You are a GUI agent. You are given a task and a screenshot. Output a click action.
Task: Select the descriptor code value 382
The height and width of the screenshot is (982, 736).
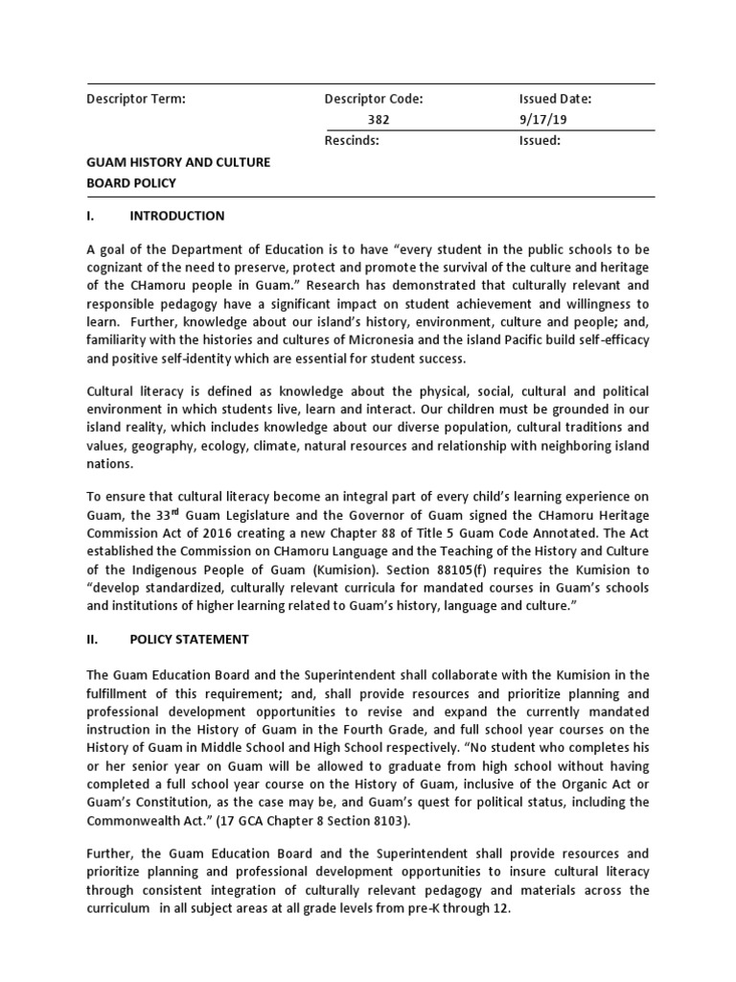(x=379, y=120)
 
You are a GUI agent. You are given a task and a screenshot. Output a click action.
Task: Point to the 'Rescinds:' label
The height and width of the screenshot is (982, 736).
(x=353, y=141)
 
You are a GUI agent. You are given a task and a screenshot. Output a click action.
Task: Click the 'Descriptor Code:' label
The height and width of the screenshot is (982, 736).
(x=374, y=99)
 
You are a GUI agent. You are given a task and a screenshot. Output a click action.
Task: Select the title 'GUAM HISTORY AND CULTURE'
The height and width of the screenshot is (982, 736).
(x=178, y=162)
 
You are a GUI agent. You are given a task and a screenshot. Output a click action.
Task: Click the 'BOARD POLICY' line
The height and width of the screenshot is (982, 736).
(x=131, y=183)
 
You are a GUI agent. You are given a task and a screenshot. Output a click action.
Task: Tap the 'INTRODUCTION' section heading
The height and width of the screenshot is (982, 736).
(x=177, y=216)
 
